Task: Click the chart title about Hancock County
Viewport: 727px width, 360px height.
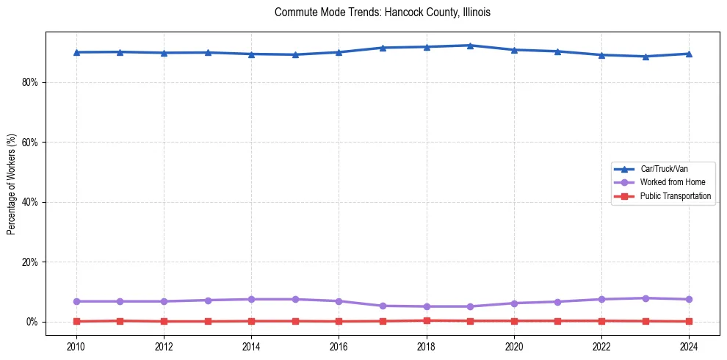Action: pyautogui.click(x=382, y=12)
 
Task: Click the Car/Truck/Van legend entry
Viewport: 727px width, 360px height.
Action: pyautogui.click(x=664, y=169)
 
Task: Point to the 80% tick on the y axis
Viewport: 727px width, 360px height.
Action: pyautogui.click(x=29, y=82)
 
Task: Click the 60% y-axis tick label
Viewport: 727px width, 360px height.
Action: pyautogui.click(x=29, y=142)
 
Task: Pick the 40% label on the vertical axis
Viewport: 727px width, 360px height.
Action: pyautogui.click(x=29, y=202)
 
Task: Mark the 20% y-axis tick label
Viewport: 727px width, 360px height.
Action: pyautogui.click(x=29, y=262)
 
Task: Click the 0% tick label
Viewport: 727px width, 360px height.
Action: pyautogui.click(x=32, y=322)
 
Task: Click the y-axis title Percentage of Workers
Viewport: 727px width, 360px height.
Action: pyautogui.click(x=12, y=184)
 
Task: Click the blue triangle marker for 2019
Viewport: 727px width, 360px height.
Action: pyautogui.click(x=470, y=46)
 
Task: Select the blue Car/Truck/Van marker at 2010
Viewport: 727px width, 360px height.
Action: pyautogui.click(x=76, y=52)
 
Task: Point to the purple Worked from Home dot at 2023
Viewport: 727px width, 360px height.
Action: pyautogui.click(x=645, y=298)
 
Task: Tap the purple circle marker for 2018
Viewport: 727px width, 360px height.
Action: pyautogui.click(x=427, y=306)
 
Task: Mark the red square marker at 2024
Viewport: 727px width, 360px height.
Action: pyautogui.click(x=689, y=321)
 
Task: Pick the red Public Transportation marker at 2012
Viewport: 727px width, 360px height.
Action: pyautogui.click(x=164, y=321)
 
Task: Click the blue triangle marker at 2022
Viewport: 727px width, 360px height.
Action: pyautogui.click(x=601, y=54)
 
